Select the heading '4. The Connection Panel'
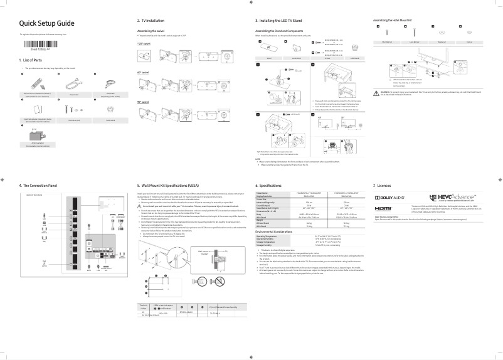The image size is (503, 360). (39, 186)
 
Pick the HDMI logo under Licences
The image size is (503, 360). (383, 208)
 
